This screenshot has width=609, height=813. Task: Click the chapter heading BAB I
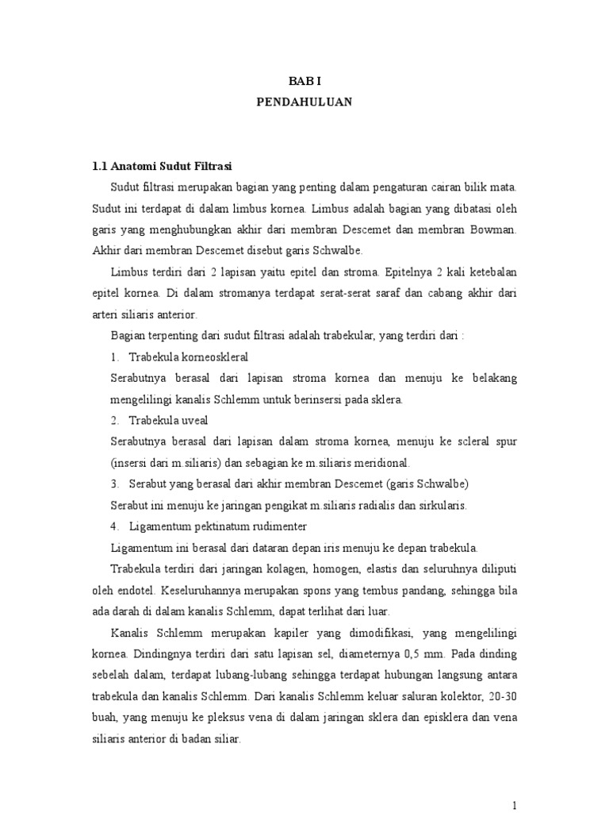(x=304, y=81)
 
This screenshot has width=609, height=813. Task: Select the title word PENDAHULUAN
(x=304, y=102)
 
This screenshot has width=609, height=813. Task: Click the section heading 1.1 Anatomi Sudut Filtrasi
(x=160, y=166)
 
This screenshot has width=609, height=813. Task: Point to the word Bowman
(x=492, y=229)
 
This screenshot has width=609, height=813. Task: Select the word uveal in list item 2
(x=192, y=419)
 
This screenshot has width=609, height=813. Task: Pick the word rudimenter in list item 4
(x=270, y=526)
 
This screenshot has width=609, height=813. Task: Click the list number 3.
(x=114, y=484)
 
